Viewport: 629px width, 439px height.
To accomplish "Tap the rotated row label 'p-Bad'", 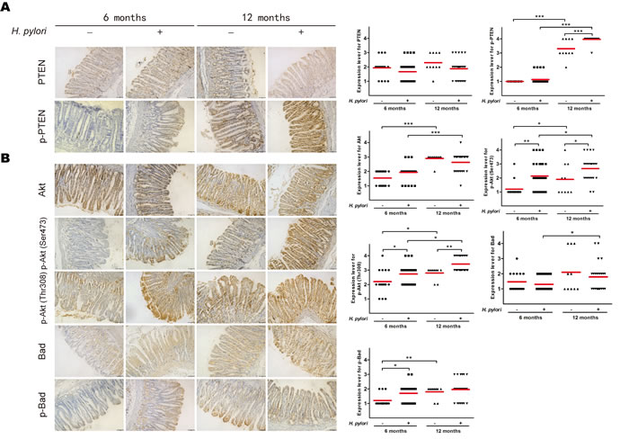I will coord(22,406).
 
